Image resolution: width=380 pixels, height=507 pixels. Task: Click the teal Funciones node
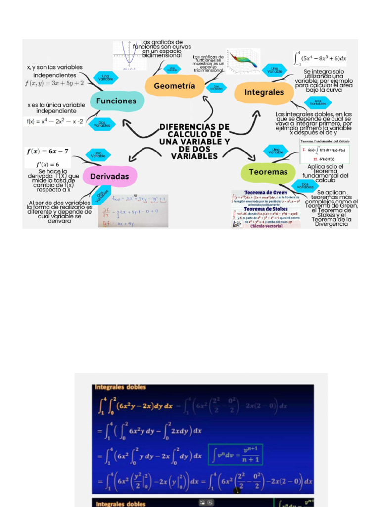(x=116, y=101)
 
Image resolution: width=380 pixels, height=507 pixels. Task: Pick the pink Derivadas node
(x=109, y=176)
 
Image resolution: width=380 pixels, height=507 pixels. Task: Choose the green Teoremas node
(x=268, y=172)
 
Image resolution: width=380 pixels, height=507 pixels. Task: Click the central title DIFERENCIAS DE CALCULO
(x=194, y=142)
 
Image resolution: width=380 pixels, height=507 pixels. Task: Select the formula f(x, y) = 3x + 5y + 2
(x=54, y=83)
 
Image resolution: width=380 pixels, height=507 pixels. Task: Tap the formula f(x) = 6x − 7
(x=47, y=151)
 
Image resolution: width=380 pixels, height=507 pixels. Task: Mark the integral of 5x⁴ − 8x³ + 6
(x=320, y=58)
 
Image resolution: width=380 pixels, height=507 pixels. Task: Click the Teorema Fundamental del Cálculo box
(x=325, y=151)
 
